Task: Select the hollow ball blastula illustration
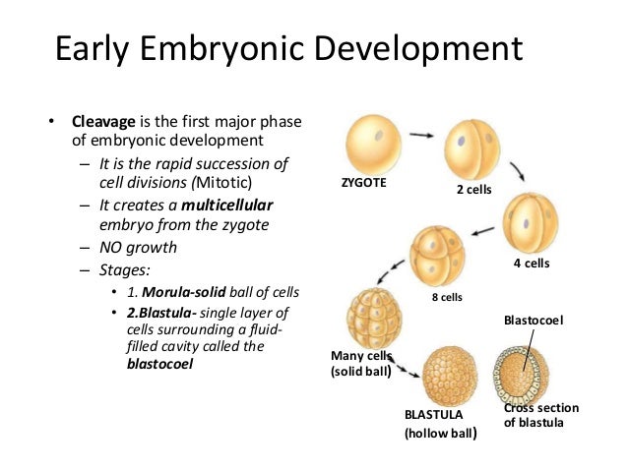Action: (450, 373)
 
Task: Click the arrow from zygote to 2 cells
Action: (423, 134)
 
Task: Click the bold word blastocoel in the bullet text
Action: (161, 363)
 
